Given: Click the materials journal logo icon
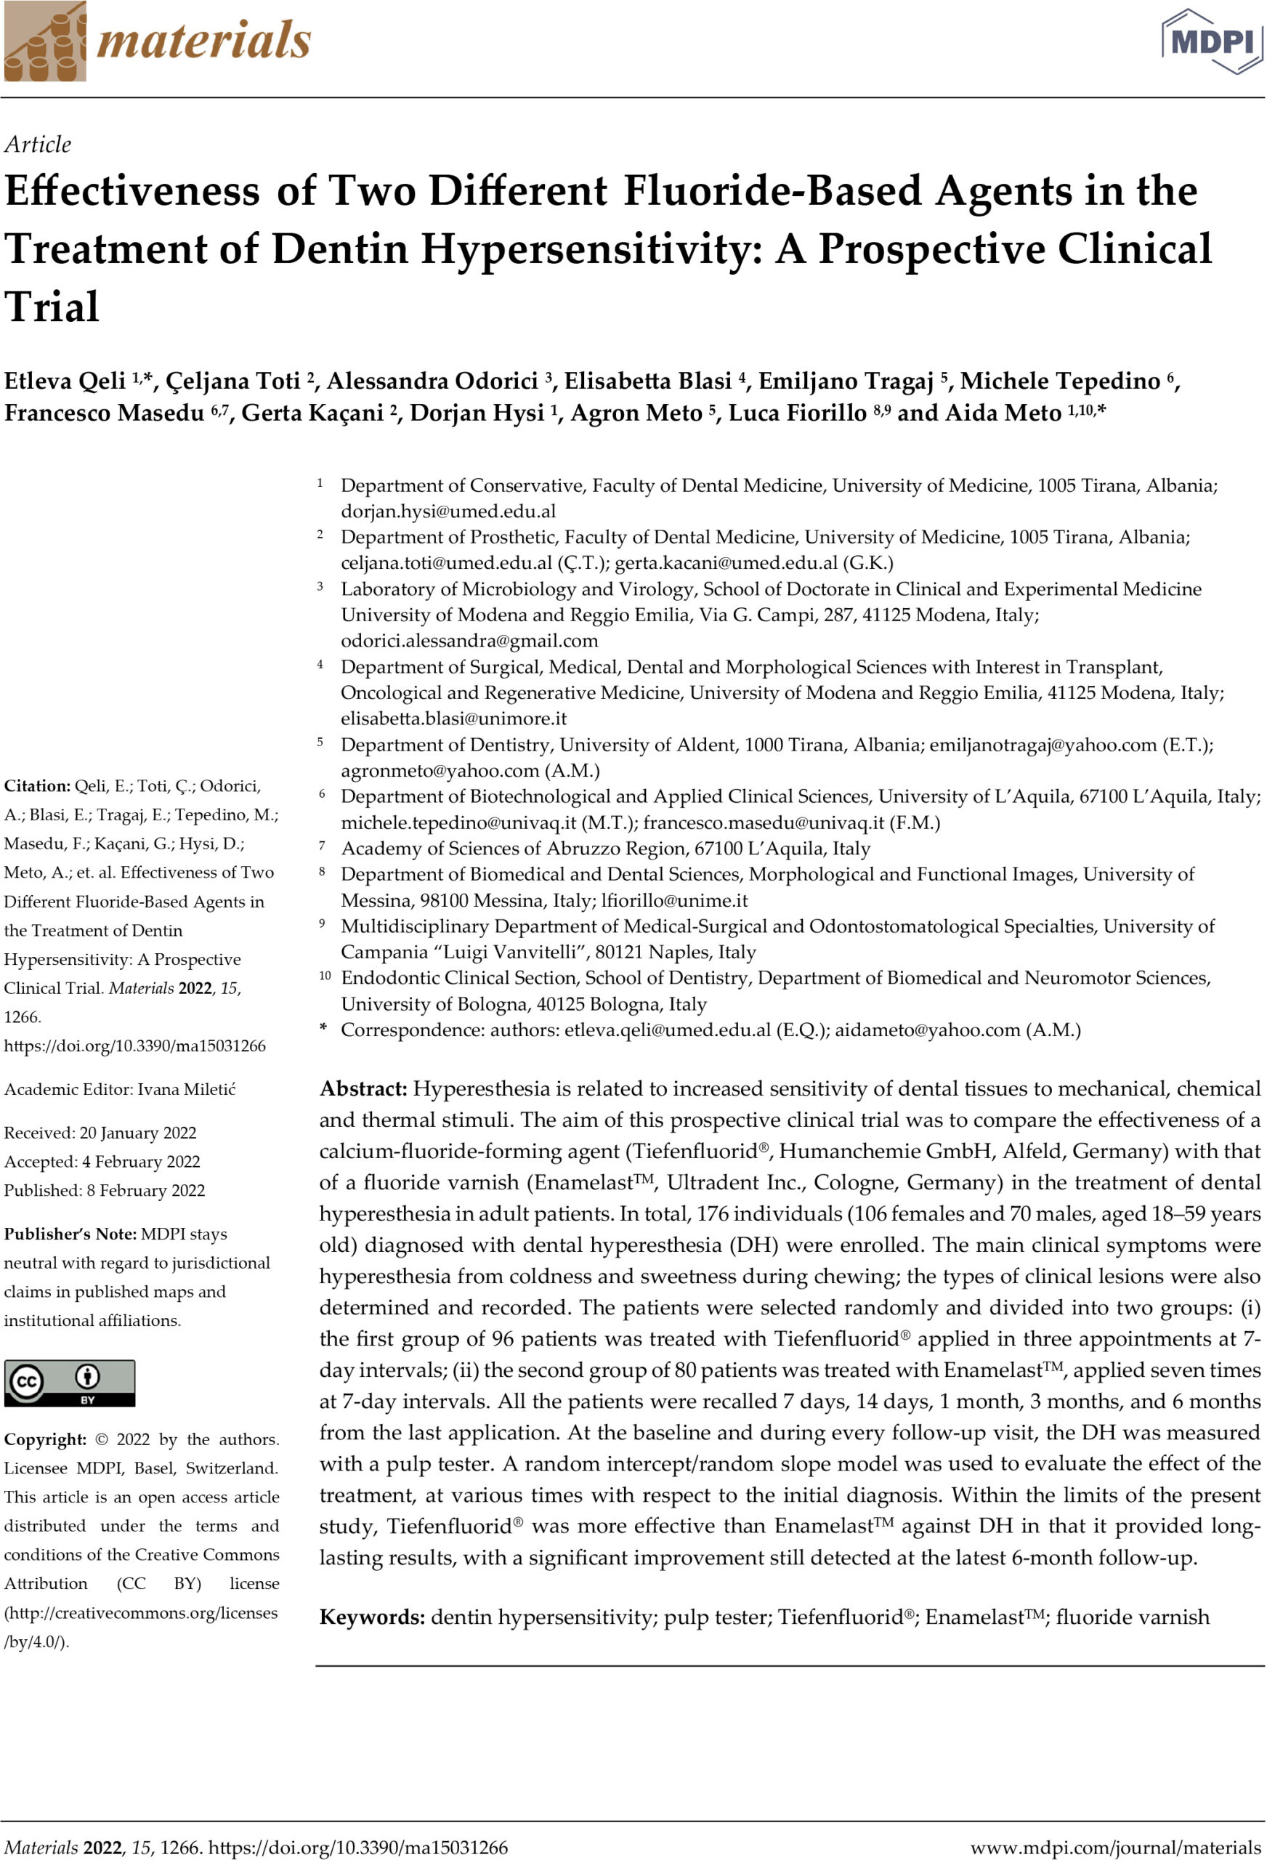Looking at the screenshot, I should coord(45,41).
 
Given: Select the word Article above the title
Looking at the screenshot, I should coord(38,144).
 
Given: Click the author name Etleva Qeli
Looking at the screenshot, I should coord(65,381).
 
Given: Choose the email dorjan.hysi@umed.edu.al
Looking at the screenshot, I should coord(448,511).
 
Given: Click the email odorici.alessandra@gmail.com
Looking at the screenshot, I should coord(469,641).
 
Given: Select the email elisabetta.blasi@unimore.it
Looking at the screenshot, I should coord(453,719).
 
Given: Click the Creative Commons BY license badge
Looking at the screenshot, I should coord(70,1383).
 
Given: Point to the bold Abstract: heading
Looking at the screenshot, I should coord(363,1088).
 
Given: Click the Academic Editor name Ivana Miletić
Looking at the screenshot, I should coord(187,1089).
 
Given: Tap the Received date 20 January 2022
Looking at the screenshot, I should coord(137,1133).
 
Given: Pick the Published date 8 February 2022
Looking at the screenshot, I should coord(146,1190).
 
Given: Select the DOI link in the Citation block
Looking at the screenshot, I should coord(134,1046).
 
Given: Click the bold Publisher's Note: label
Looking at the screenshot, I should coord(70,1234).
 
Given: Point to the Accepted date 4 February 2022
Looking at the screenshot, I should coord(141,1161).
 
